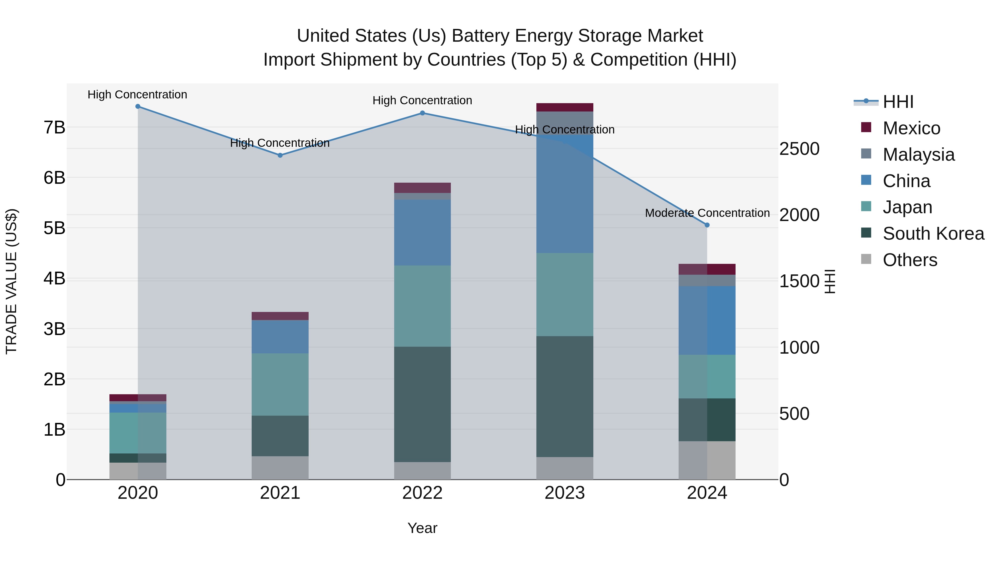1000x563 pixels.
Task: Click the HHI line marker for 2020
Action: coord(138,106)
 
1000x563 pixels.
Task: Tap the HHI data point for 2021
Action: coord(280,155)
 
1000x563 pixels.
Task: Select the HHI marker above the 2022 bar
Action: coord(422,113)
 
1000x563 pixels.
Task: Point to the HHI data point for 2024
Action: coord(707,225)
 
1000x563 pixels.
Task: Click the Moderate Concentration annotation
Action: coord(707,213)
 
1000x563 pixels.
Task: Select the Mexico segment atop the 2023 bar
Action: coord(564,107)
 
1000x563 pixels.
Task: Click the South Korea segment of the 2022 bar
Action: coord(422,404)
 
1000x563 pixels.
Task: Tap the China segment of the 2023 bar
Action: coord(564,194)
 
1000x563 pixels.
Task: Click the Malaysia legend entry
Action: coord(918,155)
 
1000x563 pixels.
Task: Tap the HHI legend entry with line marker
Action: coord(897,102)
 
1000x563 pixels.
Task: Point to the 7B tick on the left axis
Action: coord(54,127)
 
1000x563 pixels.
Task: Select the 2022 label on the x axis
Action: coord(422,493)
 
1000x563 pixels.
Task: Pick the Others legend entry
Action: coord(909,260)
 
